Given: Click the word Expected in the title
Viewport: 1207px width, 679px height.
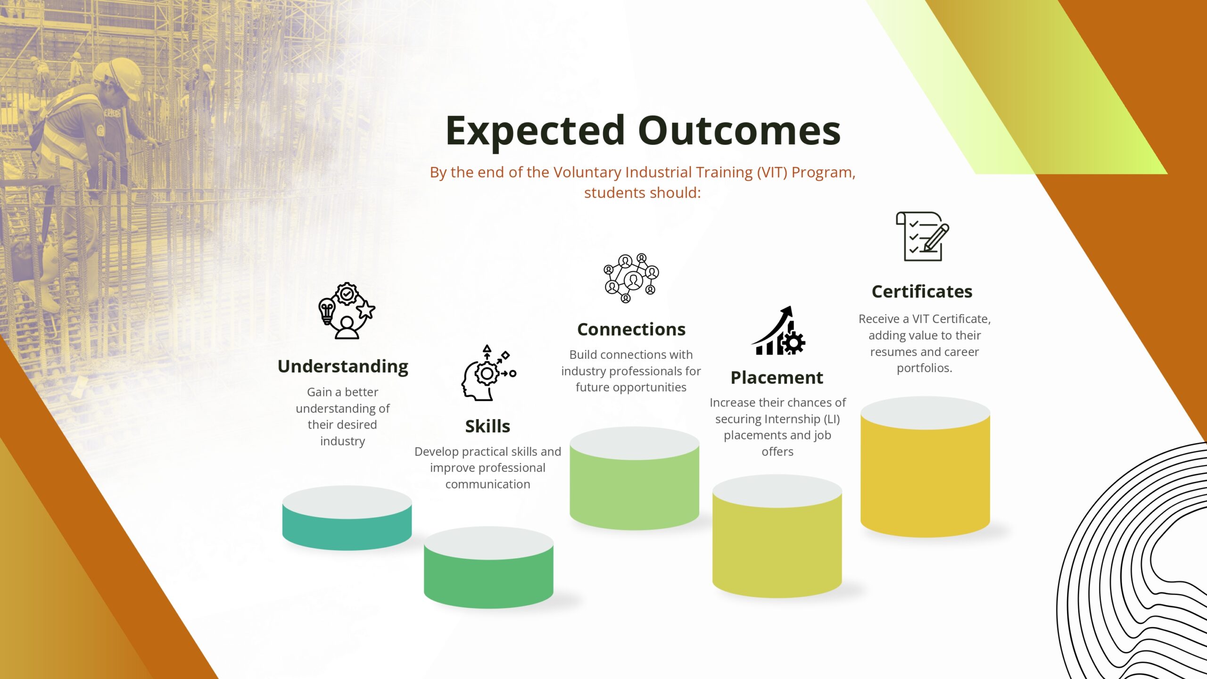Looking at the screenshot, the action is tap(536, 131).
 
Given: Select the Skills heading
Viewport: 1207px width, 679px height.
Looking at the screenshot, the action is tap(488, 426).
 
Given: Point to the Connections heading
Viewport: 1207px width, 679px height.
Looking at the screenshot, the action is tap(631, 329).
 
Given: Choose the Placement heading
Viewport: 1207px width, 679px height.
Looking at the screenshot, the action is tap(777, 377).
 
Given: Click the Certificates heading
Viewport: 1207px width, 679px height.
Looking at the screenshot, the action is tap(922, 291).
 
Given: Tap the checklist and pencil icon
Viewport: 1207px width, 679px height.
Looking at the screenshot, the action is tap(923, 236).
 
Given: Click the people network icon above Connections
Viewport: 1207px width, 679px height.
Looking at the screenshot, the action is tap(631, 278).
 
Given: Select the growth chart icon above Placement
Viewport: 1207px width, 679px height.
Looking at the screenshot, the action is tap(778, 331).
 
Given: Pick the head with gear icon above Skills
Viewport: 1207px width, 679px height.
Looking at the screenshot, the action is tap(489, 373).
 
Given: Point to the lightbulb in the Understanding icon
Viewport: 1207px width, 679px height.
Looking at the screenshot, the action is tap(327, 311).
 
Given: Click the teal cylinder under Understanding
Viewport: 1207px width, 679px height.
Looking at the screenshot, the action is tap(347, 518).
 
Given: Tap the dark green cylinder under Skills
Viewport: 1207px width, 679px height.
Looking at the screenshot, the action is tap(488, 568).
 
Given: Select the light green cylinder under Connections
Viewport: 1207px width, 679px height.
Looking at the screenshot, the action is tap(634, 479).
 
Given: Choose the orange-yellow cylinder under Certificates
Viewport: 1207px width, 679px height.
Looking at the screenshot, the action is tap(925, 467).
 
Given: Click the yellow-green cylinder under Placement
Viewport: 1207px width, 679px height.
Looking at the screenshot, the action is tap(777, 537).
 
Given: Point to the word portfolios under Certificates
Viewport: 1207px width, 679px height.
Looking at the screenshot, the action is tap(924, 368).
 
